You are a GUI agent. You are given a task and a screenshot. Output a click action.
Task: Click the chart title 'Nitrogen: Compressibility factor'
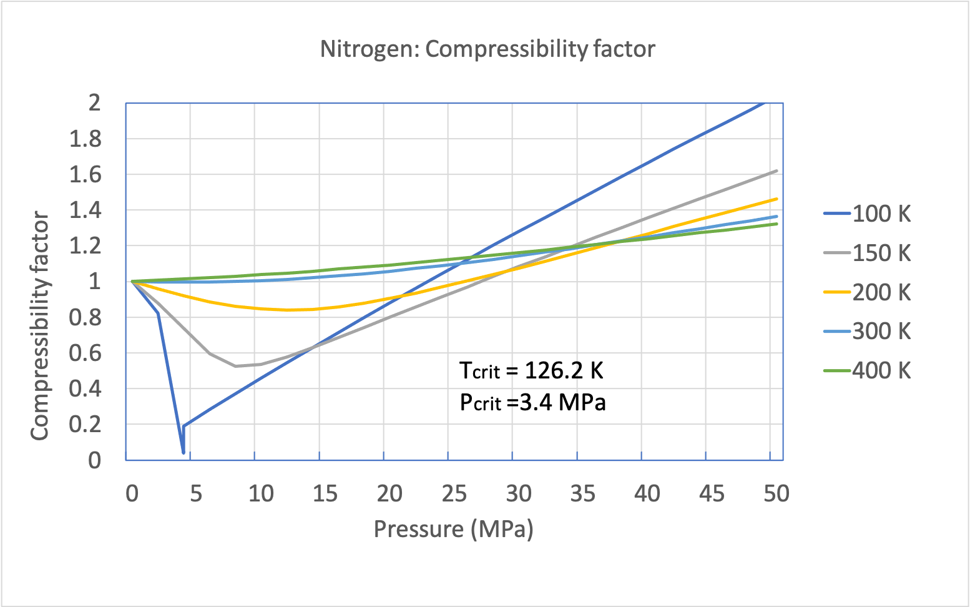[x=487, y=49]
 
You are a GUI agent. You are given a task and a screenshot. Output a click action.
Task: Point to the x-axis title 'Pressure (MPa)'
[x=454, y=529]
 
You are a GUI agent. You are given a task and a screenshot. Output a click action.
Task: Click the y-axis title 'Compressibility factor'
[x=40, y=325]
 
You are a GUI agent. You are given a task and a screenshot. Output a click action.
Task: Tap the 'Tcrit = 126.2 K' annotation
[x=531, y=370]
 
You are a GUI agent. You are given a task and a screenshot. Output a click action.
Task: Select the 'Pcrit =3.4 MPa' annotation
[x=532, y=403]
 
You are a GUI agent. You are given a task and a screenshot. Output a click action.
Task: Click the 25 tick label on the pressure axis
[x=454, y=494]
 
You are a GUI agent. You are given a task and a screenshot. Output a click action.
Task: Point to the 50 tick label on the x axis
[x=776, y=494]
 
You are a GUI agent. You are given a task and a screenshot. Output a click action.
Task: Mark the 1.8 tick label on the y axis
[x=85, y=139]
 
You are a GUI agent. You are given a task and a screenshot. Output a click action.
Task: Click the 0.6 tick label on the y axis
[x=85, y=353]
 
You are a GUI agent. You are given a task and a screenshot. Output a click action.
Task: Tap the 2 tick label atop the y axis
[x=94, y=103]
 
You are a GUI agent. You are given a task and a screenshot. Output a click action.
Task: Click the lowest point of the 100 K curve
[x=183, y=452]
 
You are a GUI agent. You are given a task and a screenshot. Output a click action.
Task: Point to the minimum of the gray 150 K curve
[x=235, y=366]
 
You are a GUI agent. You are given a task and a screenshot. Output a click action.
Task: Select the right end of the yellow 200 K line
[x=777, y=199]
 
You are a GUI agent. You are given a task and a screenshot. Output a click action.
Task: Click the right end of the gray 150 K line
[x=777, y=170]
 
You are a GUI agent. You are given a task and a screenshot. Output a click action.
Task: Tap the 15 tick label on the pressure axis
[x=325, y=494]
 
